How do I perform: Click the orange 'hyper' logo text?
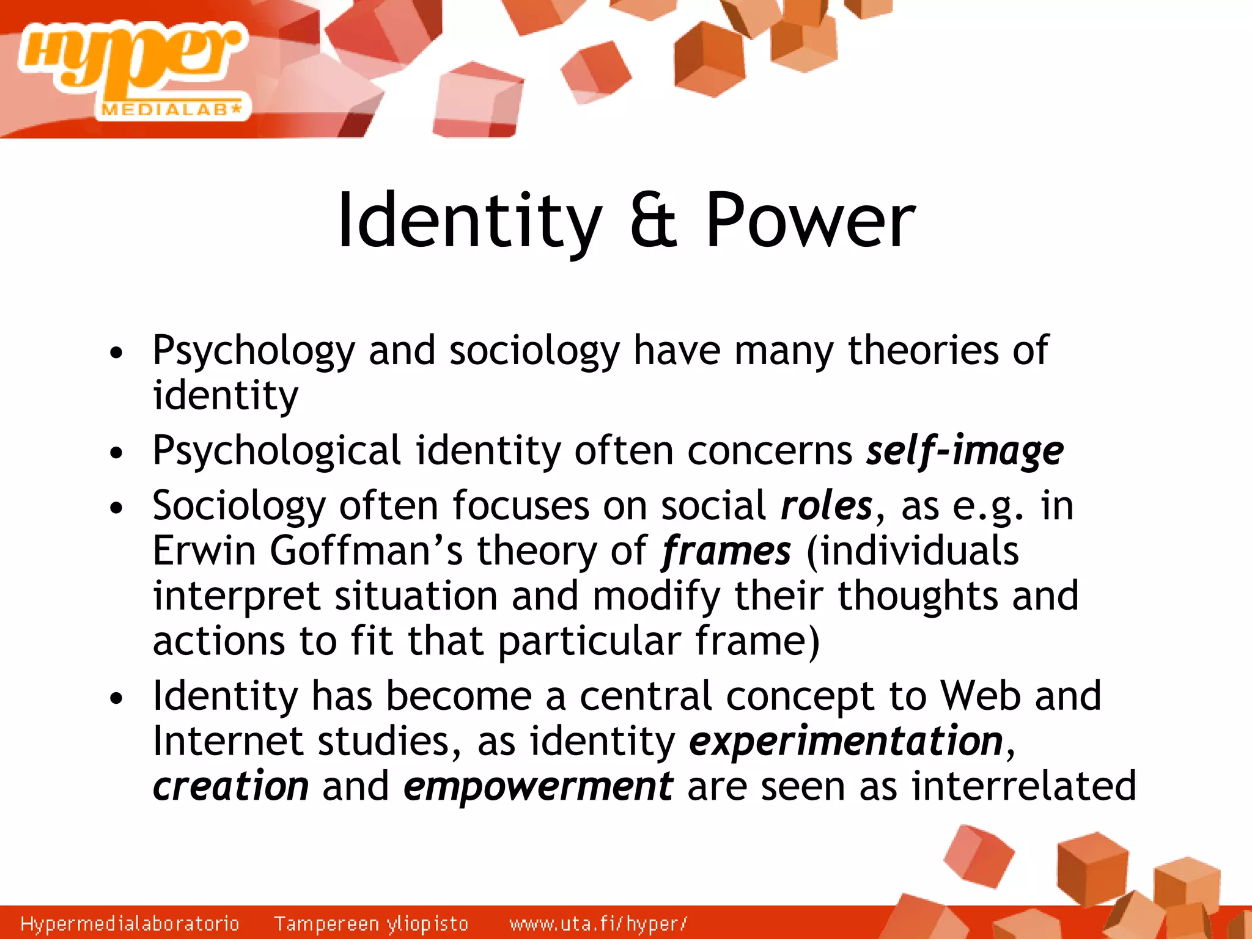coord(131,58)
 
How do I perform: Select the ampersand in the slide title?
coord(653,221)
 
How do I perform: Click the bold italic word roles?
coord(827,506)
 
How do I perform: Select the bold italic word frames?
coord(727,551)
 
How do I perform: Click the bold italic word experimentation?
coord(846,741)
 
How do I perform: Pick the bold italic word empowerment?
coord(539,786)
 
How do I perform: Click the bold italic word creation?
coord(231,786)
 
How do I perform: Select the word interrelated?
coord(1023,786)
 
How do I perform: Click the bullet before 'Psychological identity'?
coord(116,453)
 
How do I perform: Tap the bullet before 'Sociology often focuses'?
coord(116,508)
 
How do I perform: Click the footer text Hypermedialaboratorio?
coord(130,923)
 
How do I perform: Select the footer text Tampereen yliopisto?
coord(371,923)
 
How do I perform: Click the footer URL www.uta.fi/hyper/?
coord(598,923)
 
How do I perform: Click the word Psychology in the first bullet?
coord(254,351)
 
